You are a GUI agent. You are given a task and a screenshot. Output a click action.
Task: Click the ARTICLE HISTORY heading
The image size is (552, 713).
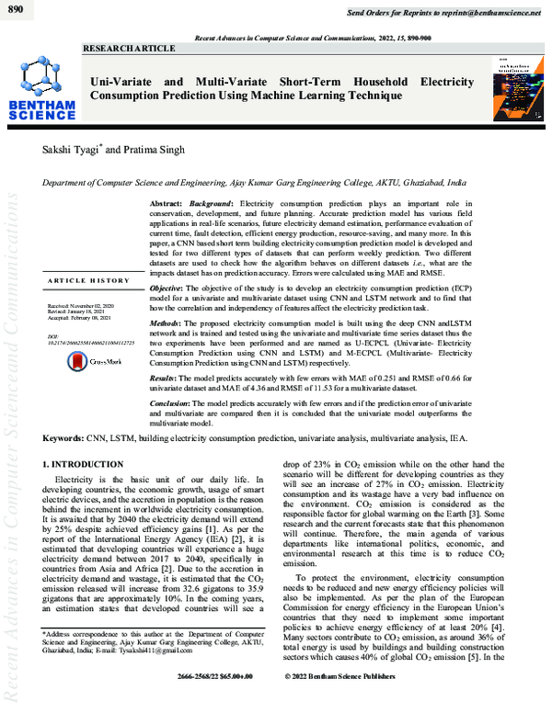pyautogui.click(x=89, y=280)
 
